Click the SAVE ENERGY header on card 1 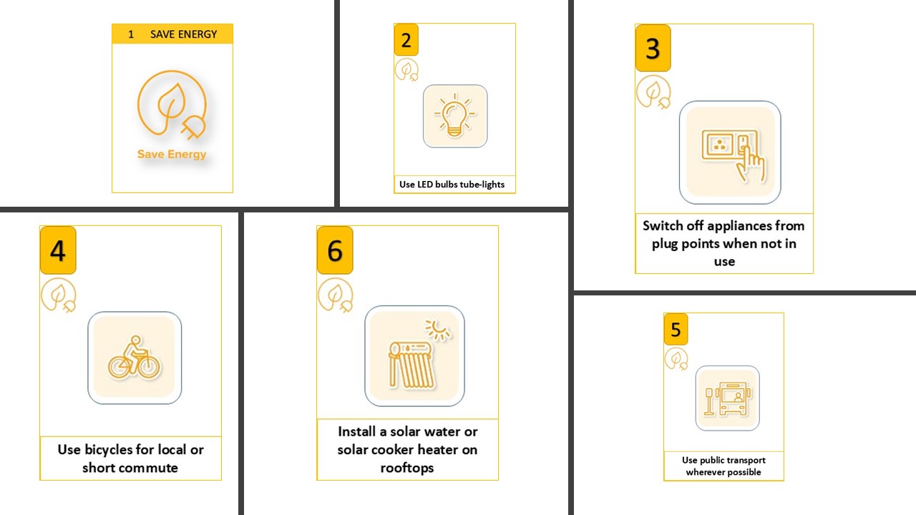tap(172, 34)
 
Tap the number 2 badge tap(406, 39)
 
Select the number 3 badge tap(653, 48)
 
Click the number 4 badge tap(58, 250)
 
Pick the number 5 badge tap(676, 330)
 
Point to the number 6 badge tap(335, 250)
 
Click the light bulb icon tap(454, 115)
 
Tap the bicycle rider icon tap(134, 357)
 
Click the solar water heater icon tap(411, 365)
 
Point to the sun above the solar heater tap(437, 330)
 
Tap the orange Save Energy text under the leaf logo tap(172, 154)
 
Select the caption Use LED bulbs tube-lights tap(452, 185)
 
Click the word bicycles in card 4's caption tap(108, 450)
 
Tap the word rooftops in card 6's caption tap(407, 468)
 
